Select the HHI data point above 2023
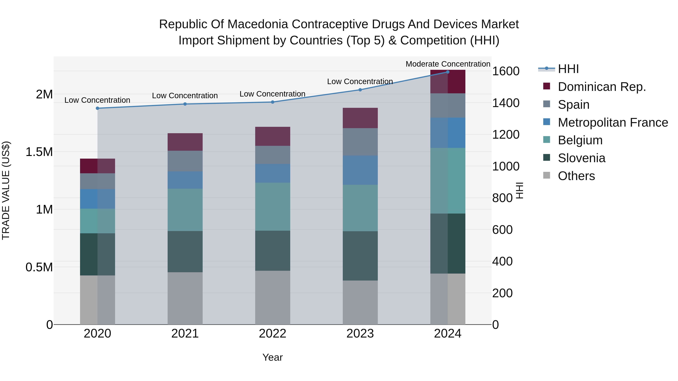click(360, 90)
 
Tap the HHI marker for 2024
click(448, 72)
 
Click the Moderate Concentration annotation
click(448, 64)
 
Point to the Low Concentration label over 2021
click(185, 95)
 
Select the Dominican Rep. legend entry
click(602, 87)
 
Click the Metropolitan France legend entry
click(613, 122)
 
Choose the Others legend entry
click(576, 176)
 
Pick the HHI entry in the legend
click(568, 69)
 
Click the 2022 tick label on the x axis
click(272, 334)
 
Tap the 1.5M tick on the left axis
click(39, 152)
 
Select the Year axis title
click(272, 357)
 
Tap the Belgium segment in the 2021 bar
click(185, 210)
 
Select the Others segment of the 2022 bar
click(272, 297)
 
